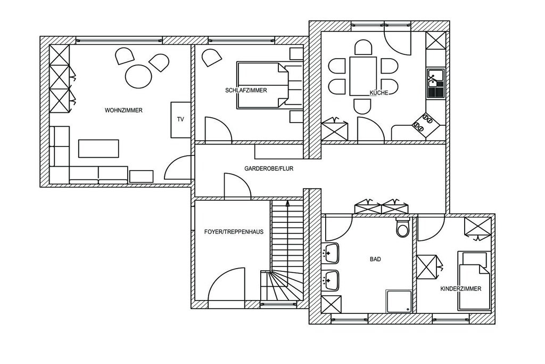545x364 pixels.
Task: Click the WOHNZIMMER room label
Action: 123,110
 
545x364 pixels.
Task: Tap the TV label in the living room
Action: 180,119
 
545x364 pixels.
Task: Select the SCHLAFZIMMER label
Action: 246,91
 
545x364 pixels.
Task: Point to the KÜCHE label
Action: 378,93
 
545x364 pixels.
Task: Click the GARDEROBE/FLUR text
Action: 269,168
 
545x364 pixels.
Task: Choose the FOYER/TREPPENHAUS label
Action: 234,232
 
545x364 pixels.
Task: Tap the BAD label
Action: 375,259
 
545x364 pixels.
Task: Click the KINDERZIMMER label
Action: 461,289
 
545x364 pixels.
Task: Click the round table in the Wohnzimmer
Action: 138,76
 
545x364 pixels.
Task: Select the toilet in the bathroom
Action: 402,227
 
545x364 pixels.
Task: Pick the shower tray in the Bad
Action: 399,301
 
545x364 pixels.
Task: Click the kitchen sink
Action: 435,83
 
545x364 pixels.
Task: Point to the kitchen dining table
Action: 363,76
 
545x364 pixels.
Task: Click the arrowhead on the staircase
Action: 287,204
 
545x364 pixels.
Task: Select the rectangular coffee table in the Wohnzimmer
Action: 98,149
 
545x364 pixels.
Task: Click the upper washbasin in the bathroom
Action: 331,253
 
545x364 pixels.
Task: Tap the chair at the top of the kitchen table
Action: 363,47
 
